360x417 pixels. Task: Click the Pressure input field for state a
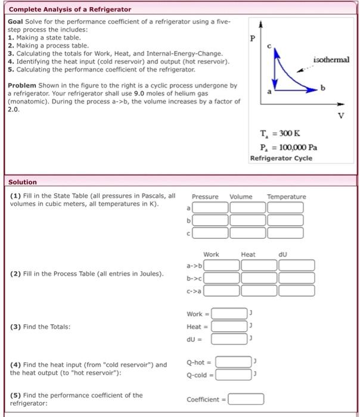click(210, 207)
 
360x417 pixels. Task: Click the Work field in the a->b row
click(222, 265)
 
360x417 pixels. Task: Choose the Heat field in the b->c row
click(259, 278)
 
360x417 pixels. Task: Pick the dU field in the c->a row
click(296, 290)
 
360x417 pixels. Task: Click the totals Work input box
click(229, 314)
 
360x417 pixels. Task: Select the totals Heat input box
click(229, 326)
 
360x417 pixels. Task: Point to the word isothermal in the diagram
click(331, 60)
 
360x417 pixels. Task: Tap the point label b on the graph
click(324, 88)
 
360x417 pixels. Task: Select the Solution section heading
click(23, 182)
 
